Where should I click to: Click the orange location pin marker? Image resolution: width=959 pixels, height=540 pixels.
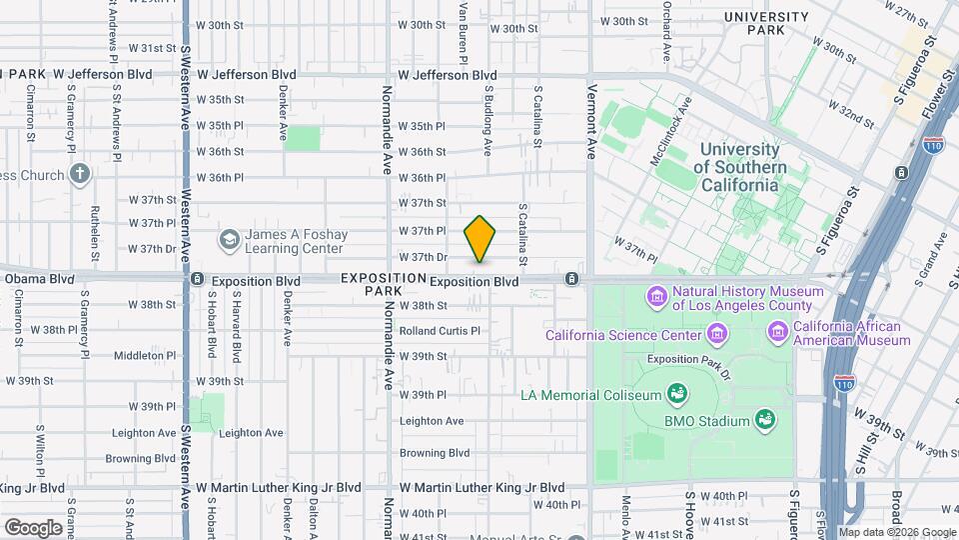[x=480, y=240]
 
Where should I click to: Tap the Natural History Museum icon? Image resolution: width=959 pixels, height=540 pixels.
[x=657, y=296]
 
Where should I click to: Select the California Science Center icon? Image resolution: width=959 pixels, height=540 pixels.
[x=716, y=333]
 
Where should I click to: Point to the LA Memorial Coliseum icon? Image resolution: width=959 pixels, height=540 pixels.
[x=676, y=394]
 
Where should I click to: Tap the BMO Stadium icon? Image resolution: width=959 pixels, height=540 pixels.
[x=765, y=420]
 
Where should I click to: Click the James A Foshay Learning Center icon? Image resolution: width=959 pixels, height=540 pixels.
[x=230, y=240]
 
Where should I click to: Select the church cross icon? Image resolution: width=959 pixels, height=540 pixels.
[x=80, y=174]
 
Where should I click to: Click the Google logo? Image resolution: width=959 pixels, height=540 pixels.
[x=33, y=527]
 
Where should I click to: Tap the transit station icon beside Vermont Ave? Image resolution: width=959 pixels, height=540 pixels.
[x=570, y=278]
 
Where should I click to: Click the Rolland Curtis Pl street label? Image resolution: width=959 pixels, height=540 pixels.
[x=440, y=331]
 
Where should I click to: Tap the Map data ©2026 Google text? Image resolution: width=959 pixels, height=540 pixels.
[x=896, y=532]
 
